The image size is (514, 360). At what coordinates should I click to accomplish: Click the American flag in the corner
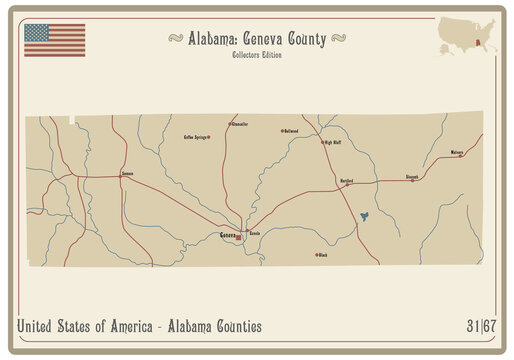point(54,40)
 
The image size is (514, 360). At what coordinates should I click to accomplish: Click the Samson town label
point(127,174)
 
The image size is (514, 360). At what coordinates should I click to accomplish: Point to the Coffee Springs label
point(195,136)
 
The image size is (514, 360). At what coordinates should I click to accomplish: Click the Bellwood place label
point(291,131)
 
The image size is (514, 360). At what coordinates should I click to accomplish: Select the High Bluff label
point(333,142)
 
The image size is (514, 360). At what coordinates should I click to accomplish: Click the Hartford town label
point(347,180)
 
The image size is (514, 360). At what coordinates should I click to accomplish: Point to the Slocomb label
point(411,176)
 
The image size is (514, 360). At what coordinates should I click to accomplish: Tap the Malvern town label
point(457,153)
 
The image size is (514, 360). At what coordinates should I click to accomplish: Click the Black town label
point(323,255)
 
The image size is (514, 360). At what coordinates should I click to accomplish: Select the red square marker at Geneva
point(238,238)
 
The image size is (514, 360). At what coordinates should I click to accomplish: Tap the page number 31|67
point(480,326)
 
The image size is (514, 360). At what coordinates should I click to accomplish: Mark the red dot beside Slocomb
point(413,181)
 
